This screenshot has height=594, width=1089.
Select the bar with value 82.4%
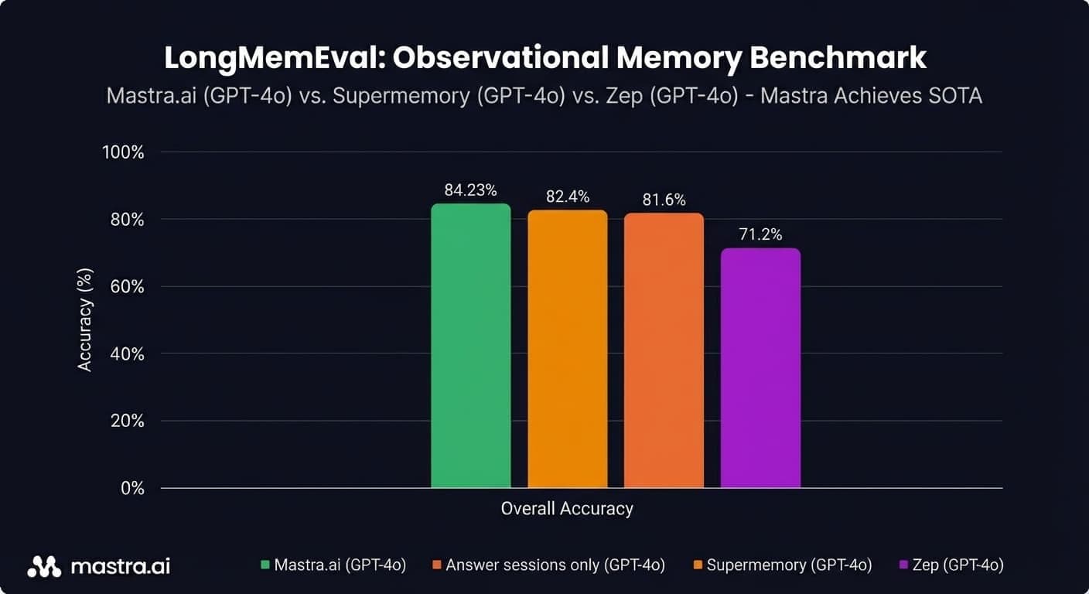pos(567,349)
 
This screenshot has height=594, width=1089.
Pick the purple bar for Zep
pos(760,368)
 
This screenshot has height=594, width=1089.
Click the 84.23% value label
pos(470,190)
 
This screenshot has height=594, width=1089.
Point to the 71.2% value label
pos(760,234)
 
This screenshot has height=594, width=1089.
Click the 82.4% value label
pos(567,196)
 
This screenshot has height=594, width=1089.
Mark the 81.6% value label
pos(664,200)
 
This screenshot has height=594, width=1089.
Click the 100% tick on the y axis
pos(123,152)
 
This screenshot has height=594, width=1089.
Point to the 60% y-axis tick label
pos(126,287)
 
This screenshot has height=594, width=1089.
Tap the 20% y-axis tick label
pos(126,421)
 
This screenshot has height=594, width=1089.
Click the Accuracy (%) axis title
pos(85,320)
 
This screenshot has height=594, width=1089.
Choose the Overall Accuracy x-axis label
pos(567,509)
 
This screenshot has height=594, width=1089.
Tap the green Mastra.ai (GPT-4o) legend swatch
pos(267,565)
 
